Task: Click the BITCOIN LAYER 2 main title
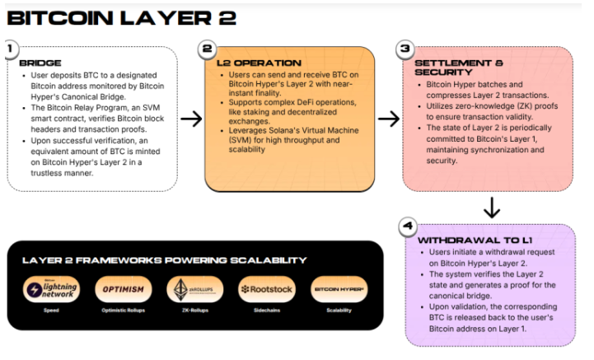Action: pos(121,17)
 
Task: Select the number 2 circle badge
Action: pos(208,49)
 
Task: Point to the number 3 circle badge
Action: pos(405,49)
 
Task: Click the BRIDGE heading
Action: pos(40,63)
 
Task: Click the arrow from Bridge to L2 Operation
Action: pos(191,119)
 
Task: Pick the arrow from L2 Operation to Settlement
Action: pos(389,119)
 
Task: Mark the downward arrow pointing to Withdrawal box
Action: pos(492,208)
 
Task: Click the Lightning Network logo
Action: pos(54,289)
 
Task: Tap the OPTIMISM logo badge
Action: pos(124,289)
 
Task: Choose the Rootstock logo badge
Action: pos(265,289)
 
